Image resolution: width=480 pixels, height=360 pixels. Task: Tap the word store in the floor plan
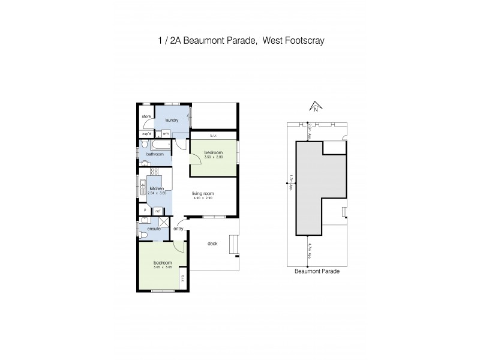pos(146,116)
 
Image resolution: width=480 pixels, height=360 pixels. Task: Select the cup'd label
pos(146,134)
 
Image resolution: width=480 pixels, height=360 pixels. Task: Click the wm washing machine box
pos(166,134)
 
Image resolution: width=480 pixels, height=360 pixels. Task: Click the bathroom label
pos(155,154)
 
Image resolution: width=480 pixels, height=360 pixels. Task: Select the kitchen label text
pos(157,189)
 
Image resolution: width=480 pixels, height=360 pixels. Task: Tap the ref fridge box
pos(158,211)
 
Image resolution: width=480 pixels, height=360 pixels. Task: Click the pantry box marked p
pos(145,211)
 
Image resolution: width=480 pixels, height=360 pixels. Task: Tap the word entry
pos(178,229)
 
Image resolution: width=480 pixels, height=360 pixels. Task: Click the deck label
pos(212,244)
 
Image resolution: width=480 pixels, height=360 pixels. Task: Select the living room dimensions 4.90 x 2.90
pos(203,199)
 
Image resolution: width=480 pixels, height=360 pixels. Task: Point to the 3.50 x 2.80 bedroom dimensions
pos(213,158)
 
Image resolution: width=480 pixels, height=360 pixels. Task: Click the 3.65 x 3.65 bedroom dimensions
pos(163,268)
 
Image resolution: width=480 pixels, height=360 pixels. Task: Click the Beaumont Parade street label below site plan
pos(317,271)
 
